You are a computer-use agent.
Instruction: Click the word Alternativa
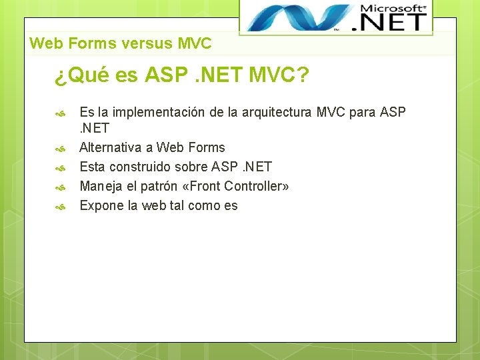click(x=110, y=147)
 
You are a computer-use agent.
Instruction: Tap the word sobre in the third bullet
click(x=191, y=167)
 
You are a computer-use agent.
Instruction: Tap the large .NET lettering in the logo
click(x=393, y=22)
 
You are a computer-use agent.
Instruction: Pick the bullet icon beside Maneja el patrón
click(x=59, y=187)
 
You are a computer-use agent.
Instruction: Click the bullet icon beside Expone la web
click(x=59, y=207)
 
